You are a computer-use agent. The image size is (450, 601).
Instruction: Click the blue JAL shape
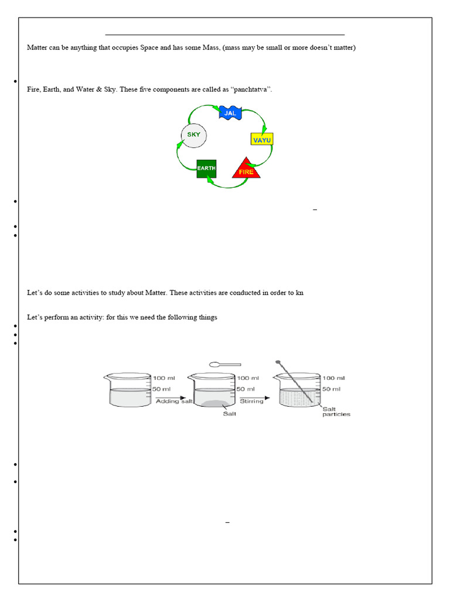point(230,112)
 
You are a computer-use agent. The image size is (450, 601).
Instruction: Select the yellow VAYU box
point(262,140)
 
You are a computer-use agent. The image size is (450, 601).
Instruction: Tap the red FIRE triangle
point(246,170)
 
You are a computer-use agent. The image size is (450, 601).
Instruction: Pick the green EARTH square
point(206,168)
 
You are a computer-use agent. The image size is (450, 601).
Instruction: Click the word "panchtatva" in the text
point(250,90)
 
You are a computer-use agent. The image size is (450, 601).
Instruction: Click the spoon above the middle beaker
point(222,364)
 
